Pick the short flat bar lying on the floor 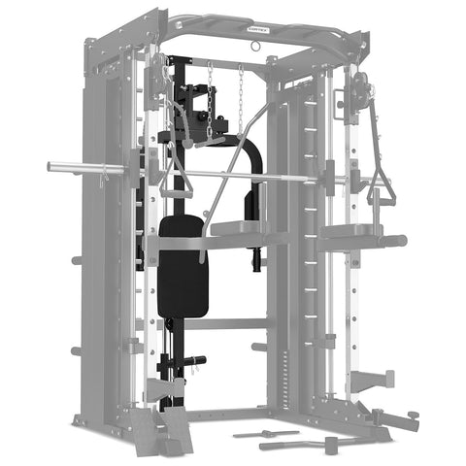pyautogui.click(x=266, y=433)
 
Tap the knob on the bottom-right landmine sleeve pyautogui.click(x=415, y=416)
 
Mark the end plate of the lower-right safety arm pyautogui.click(x=388, y=377)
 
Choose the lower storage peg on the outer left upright pyautogui.click(x=75, y=351)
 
